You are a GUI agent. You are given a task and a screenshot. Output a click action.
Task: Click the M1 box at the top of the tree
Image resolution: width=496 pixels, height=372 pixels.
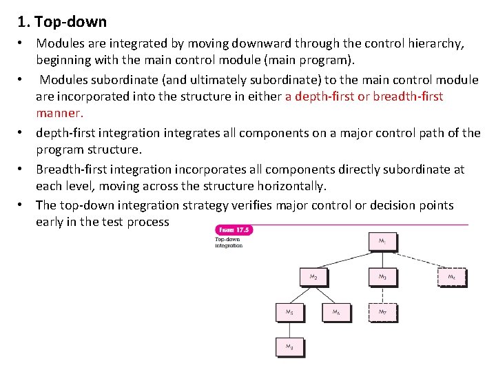coord(382,242)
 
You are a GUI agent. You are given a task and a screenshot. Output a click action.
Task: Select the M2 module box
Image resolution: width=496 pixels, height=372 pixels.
coord(313,277)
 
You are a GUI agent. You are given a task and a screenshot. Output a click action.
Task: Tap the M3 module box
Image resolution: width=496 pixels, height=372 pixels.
coord(382,277)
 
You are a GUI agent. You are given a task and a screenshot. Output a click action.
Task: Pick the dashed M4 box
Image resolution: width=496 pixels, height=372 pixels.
coord(451,277)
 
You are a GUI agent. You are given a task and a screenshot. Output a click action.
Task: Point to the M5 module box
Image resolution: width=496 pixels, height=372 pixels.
coord(289,313)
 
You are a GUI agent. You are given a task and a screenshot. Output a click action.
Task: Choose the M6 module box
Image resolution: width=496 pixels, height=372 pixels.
coord(336,313)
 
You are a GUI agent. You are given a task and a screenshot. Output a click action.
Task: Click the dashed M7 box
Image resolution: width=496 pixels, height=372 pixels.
coord(382,313)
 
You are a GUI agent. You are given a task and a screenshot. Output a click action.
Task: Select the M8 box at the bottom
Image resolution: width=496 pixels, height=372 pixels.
coord(289,348)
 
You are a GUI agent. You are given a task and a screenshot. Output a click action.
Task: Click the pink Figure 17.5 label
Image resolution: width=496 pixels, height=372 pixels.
coord(234,229)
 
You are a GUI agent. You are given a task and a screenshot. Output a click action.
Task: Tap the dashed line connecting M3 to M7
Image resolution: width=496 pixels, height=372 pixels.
coord(382,295)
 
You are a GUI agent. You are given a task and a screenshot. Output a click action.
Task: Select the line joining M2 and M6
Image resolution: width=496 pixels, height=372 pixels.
coord(325,295)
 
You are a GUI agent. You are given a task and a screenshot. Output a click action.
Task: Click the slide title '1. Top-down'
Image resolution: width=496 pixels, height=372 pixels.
coord(63,22)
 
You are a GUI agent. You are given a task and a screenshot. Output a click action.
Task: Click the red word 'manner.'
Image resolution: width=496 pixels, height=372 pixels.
coord(60,112)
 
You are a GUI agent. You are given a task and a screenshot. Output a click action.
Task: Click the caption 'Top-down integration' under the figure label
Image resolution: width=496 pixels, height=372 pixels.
coord(229,242)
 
